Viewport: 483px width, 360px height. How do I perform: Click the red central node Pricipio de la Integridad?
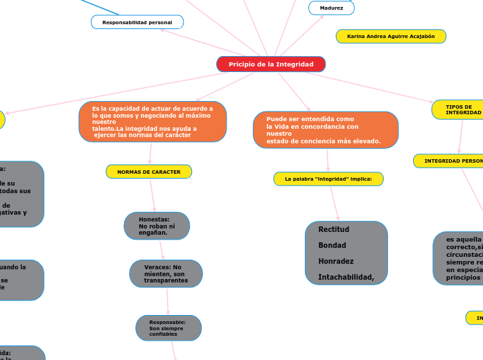[271, 64]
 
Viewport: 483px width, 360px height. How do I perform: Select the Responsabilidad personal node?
[137, 23]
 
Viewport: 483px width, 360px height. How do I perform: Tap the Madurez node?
[331, 8]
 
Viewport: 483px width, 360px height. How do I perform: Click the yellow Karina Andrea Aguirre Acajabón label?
[391, 36]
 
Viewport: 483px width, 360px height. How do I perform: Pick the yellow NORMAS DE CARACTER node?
[149, 171]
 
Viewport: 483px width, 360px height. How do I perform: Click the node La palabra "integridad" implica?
[328, 179]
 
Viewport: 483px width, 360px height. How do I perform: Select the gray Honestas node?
[157, 226]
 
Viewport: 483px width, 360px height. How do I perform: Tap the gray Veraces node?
[166, 273]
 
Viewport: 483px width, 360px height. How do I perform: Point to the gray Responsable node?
[168, 328]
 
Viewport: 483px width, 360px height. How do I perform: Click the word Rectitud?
[333, 229]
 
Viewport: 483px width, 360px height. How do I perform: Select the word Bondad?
[332, 245]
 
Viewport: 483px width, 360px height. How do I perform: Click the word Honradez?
[336, 262]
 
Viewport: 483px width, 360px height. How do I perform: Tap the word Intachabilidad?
[346, 278]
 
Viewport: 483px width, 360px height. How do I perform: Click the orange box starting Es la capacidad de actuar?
[152, 122]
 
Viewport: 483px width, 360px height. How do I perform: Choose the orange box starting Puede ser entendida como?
[326, 130]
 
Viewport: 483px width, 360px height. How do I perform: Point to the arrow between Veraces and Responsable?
[167, 301]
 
